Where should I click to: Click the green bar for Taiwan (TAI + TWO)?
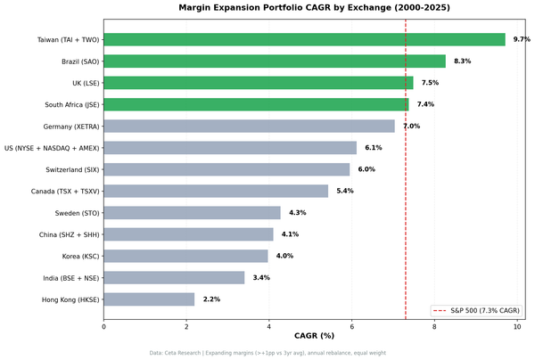(x=304, y=40)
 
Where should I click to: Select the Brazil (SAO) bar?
(x=275, y=61)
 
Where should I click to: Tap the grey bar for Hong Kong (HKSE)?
(x=149, y=299)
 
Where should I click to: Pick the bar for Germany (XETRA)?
(x=249, y=127)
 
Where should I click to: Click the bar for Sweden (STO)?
(x=192, y=213)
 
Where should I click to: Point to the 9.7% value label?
(x=522, y=40)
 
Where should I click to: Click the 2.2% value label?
(x=211, y=299)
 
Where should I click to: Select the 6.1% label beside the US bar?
(x=373, y=148)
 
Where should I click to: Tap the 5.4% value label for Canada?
(x=345, y=192)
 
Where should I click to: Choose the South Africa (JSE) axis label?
(x=73, y=105)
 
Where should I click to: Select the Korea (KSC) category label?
(x=80, y=257)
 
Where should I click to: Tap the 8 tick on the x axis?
(x=434, y=326)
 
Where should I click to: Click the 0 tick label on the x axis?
(x=103, y=326)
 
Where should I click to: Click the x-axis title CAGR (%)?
(x=314, y=336)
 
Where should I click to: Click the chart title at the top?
(x=314, y=7)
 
